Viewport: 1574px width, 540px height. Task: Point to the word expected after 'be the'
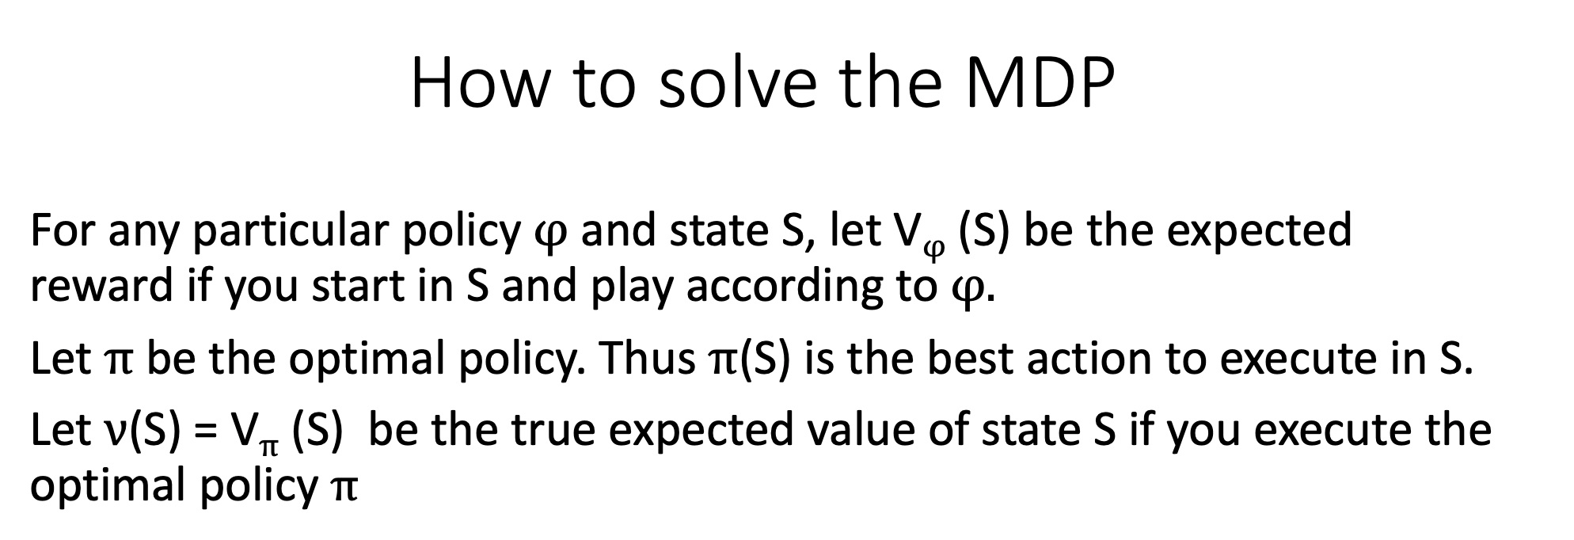(1260, 231)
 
